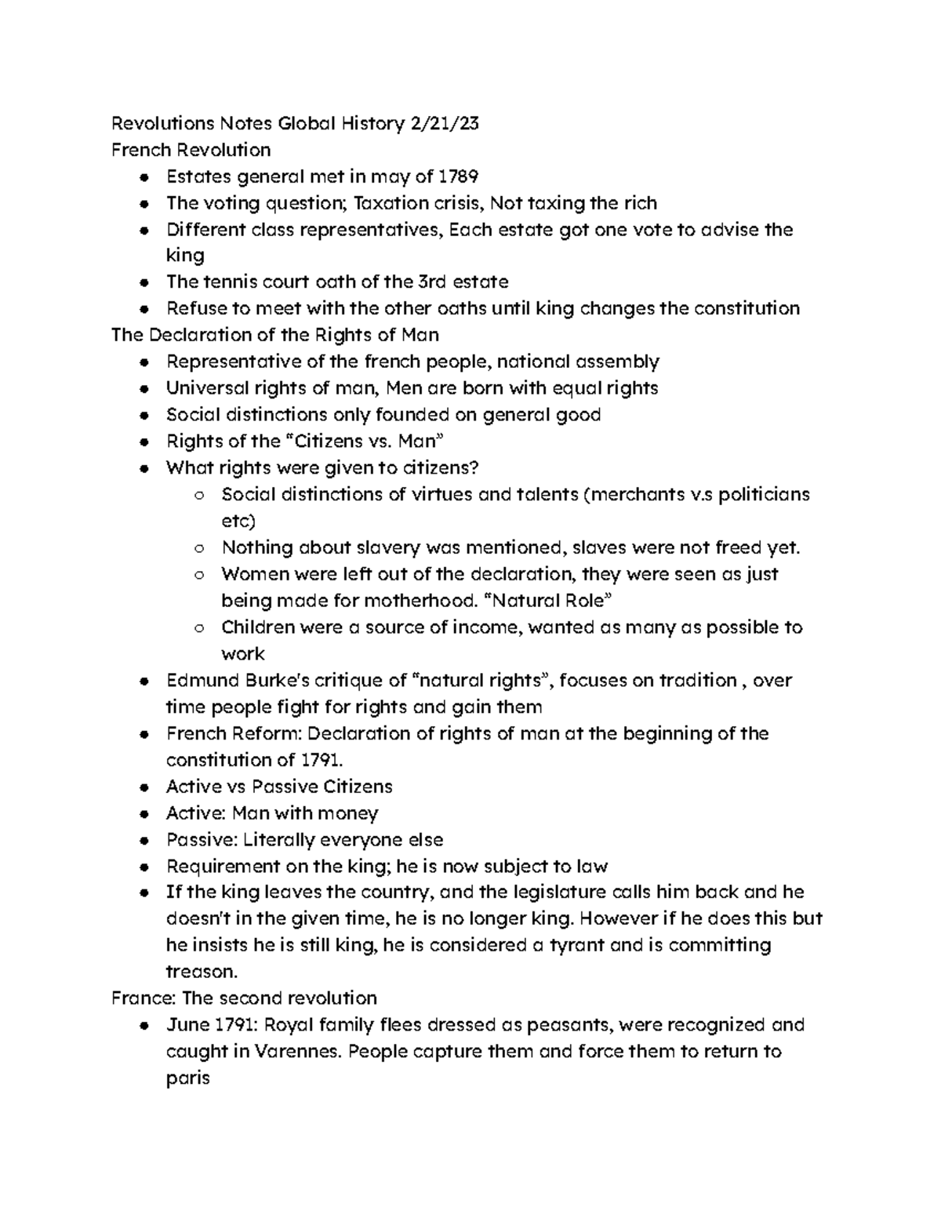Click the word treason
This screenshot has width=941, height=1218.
point(200,972)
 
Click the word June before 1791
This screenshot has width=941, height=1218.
point(187,1025)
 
